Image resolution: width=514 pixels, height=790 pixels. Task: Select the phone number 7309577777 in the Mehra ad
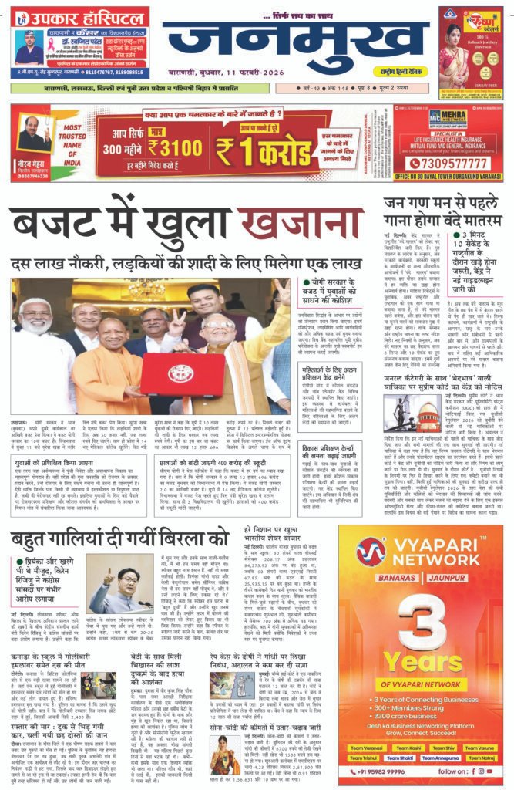click(447, 163)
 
